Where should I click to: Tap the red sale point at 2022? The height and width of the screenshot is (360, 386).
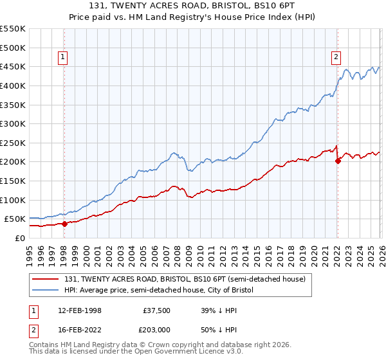338,161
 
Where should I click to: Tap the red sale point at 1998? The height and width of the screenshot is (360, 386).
64,224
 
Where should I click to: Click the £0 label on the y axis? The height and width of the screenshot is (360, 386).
19,238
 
